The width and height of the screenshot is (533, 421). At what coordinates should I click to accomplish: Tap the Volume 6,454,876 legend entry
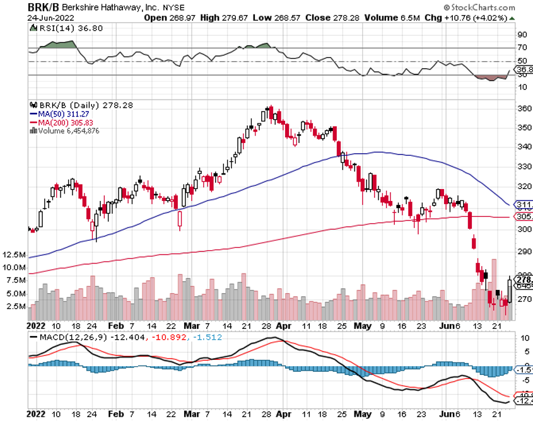click(70, 130)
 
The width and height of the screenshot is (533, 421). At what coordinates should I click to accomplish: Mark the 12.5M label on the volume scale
click(14, 255)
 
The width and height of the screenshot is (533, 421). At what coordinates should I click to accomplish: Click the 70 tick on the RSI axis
click(522, 47)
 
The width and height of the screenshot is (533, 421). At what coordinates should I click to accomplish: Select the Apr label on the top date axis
click(284, 326)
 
